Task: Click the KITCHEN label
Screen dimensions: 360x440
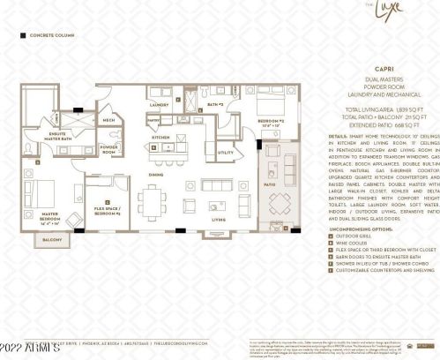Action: tap(160, 138)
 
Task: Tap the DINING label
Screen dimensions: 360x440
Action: tap(155, 175)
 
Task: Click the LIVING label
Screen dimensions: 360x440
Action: tap(218, 220)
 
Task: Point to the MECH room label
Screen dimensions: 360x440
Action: tap(108, 120)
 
